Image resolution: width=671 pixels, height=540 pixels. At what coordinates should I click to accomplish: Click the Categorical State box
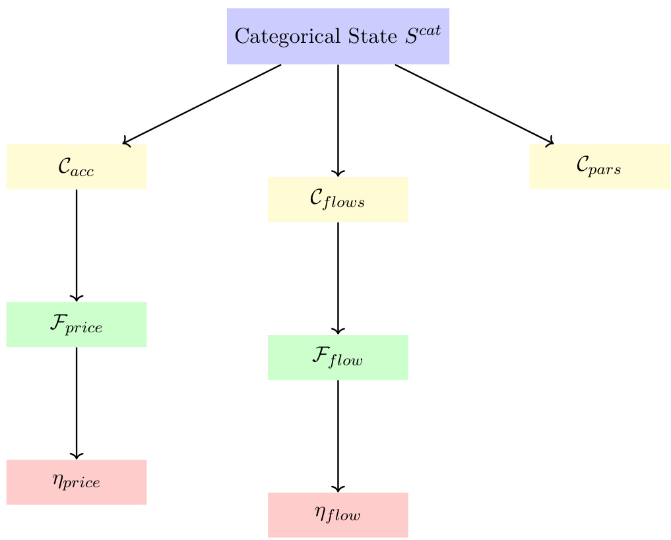338,36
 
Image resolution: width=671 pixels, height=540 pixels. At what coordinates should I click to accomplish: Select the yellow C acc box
77,167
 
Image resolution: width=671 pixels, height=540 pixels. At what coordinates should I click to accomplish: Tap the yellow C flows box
338,199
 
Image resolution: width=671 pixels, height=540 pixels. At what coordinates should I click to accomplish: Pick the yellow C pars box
599,167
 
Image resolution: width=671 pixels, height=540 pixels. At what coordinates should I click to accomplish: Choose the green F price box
77,324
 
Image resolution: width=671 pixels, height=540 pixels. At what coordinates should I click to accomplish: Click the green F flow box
338,357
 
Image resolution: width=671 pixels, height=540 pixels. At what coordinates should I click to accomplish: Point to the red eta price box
77,482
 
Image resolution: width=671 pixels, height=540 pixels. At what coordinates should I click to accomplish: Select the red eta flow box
338,515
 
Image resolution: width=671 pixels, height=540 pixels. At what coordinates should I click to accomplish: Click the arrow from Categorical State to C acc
202,104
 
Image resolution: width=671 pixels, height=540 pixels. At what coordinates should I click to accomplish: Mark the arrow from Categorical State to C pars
474,104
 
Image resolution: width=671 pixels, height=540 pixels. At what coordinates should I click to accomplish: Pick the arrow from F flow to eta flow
338,436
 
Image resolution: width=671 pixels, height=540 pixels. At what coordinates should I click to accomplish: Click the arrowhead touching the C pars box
549,141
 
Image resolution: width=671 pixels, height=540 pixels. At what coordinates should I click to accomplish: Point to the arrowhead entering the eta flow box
338,489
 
